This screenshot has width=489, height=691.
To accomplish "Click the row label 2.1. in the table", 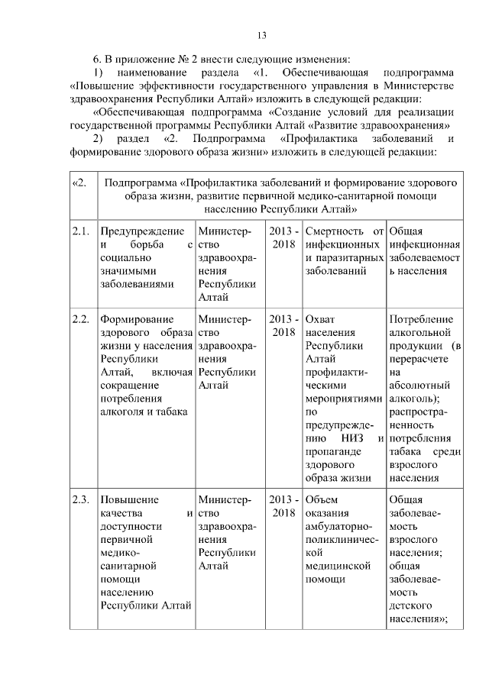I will coord(81,231).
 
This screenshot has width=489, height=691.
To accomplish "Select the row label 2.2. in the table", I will coord(81,319).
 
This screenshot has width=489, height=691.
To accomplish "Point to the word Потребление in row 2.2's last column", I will coord(421,319).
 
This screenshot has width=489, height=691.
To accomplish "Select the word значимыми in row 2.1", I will coord(128,271).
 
